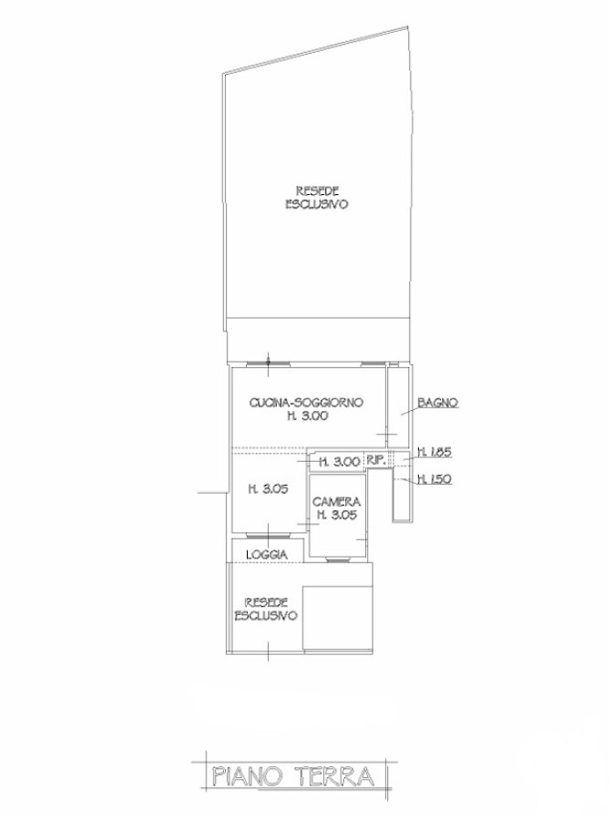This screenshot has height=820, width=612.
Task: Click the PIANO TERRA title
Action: click(293, 776)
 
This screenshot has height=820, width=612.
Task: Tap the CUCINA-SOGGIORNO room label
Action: click(306, 404)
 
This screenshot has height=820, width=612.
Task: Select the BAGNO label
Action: click(438, 403)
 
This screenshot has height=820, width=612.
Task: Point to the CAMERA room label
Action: click(337, 502)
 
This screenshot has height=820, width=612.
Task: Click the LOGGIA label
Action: click(267, 555)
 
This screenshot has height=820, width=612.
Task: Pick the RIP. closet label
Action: click(376, 461)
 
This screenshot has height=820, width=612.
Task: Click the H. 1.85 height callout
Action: click(433, 453)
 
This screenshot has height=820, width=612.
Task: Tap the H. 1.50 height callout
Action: click(433, 478)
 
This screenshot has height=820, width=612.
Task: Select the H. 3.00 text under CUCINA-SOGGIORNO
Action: click(307, 416)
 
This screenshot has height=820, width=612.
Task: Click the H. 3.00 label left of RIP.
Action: click(340, 462)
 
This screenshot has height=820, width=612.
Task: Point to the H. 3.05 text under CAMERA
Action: click(338, 515)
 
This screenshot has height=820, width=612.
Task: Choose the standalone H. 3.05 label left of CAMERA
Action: click(269, 489)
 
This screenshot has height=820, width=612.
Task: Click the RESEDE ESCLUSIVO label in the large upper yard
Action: click(317, 198)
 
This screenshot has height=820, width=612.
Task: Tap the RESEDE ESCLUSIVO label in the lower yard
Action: click(266, 610)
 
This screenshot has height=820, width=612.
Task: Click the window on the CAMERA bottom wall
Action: click(338, 560)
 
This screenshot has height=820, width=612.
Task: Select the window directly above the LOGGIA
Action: click(269, 536)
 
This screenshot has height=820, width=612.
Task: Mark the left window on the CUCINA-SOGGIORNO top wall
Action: click(268, 364)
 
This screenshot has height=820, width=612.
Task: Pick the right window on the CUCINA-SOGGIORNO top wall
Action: click(372, 364)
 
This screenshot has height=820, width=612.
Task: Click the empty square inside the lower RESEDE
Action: click(338, 618)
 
